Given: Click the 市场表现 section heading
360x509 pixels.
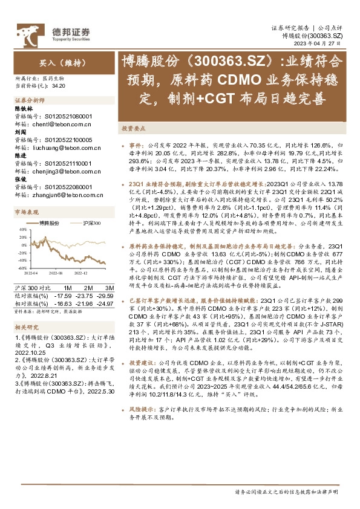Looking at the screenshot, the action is click(x=26, y=213).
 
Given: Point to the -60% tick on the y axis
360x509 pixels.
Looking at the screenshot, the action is click(x=21, y=267).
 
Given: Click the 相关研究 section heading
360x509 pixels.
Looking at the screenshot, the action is click(x=26, y=327).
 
